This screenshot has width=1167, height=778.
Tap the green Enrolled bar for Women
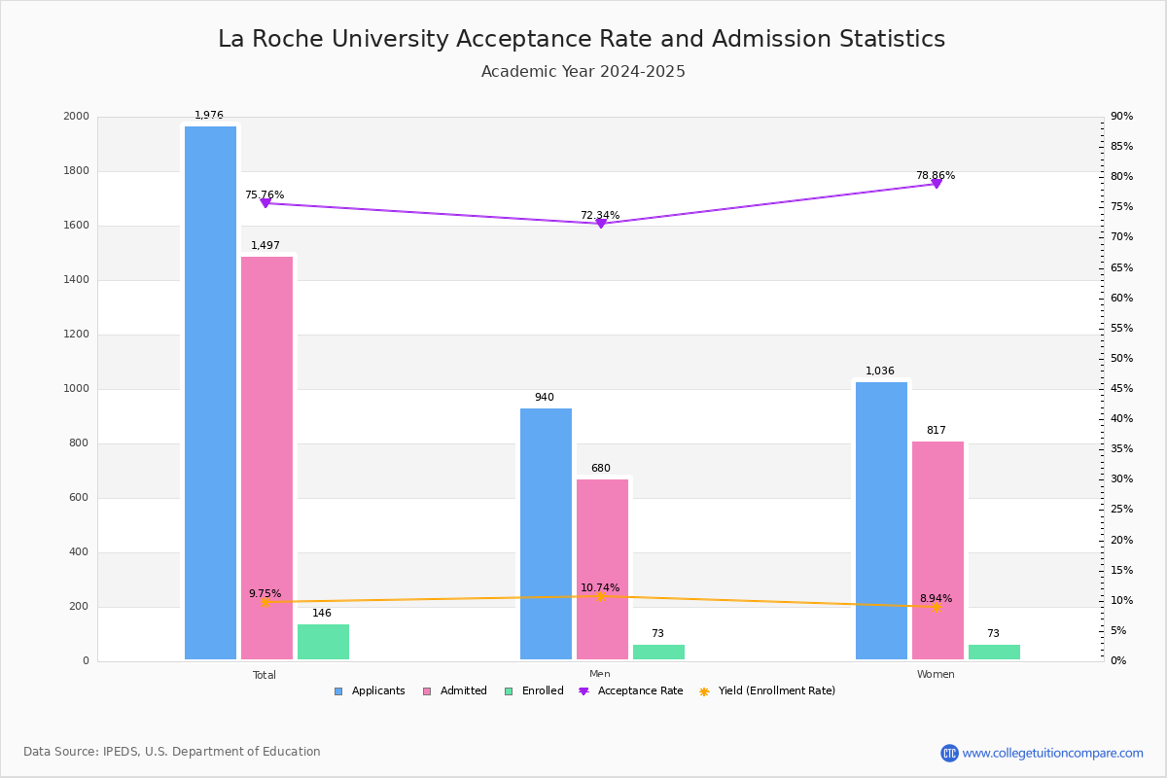click(994, 652)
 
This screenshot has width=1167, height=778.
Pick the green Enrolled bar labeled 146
click(323, 642)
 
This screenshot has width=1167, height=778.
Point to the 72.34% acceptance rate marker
click(601, 224)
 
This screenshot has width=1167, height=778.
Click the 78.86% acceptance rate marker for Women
click(937, 183)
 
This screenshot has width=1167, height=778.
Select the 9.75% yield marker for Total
click(265, 602)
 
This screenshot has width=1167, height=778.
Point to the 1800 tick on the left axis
click(76, 171)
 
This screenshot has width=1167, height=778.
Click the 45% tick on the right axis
click(1121, 389)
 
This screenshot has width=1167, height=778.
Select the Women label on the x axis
click(936, 675)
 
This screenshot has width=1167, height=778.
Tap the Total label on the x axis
click(265, 675)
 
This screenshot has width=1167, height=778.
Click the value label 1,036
click(880, 371)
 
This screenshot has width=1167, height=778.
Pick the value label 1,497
click(265, 246)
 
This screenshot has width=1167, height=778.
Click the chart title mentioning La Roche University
click(582, 39)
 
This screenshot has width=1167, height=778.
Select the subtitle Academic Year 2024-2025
click(583, 72)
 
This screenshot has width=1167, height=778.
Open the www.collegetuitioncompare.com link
click(1052, 753)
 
